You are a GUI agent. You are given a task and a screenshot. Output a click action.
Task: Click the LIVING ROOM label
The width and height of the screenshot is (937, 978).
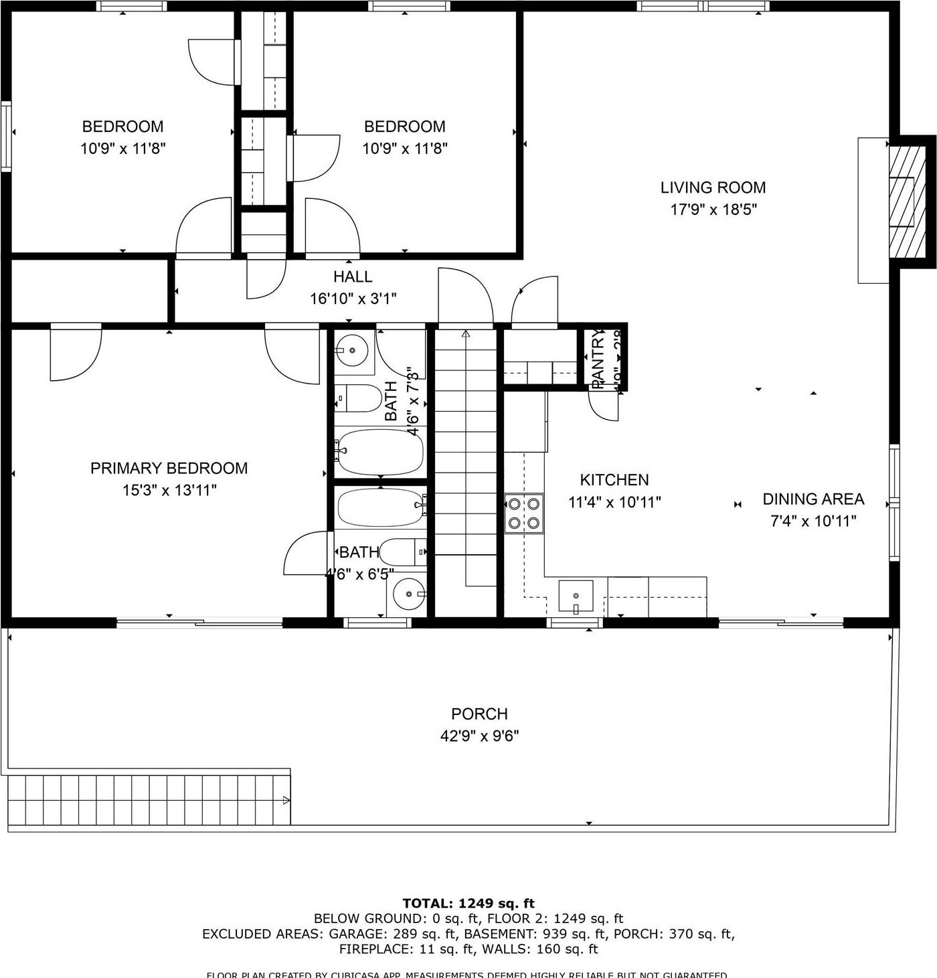coord(713,188)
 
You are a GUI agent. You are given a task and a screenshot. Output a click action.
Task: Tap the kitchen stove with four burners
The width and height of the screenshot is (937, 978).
coord(524,513)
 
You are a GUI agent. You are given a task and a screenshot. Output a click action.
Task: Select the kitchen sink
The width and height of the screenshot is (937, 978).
coord(576,596)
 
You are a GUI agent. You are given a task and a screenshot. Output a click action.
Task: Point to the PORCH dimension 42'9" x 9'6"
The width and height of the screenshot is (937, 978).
coord(479,736)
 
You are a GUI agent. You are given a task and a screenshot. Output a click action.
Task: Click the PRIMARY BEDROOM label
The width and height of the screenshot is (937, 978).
coord(169,469)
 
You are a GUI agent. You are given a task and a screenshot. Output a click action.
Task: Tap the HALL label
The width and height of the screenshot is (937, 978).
coord(353,276)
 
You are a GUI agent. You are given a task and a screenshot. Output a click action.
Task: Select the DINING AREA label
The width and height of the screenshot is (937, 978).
coord(813,499)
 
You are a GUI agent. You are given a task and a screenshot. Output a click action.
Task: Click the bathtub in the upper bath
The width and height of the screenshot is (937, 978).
coord(380,452)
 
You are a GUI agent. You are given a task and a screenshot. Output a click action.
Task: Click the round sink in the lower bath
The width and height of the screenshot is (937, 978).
coord(408,593)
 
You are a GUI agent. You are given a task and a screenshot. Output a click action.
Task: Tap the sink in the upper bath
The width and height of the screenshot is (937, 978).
coord(351,350)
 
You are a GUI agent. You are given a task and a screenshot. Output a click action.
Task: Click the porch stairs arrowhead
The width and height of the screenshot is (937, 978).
coord(286,800)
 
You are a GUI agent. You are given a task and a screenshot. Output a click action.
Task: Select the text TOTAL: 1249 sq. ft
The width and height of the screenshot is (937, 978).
coord(468,904)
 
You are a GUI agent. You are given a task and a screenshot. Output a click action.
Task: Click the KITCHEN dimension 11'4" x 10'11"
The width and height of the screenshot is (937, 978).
coord(614,502)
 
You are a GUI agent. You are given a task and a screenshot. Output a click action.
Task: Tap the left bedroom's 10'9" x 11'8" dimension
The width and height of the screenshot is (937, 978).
coord(123,149)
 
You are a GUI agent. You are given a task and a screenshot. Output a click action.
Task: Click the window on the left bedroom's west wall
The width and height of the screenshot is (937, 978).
coord(6,137)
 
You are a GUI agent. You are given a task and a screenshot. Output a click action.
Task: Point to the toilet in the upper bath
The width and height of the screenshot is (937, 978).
coord(357,399)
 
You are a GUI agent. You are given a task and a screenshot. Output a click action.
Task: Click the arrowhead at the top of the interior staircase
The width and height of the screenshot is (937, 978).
coord(466,333)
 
